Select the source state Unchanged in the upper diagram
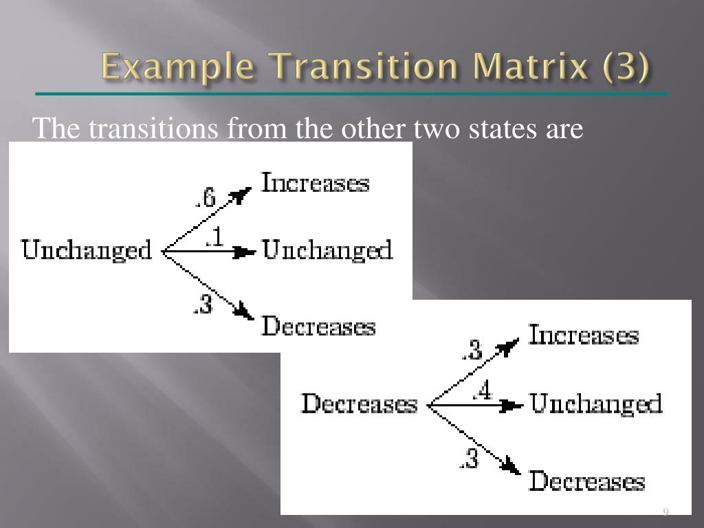point(87,250)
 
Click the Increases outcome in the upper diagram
point(316,184)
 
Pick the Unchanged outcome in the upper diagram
point(328,250)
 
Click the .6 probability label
point(205,199)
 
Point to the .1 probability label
point(214,237)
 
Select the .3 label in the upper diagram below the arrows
point(203,304)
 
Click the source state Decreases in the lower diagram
point(360,404)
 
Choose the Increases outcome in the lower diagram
point(583,335)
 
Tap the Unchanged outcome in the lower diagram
point(596,404)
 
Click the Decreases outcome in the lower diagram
point(586,481)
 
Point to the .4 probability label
point(482,391)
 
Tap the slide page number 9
point(665,511)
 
